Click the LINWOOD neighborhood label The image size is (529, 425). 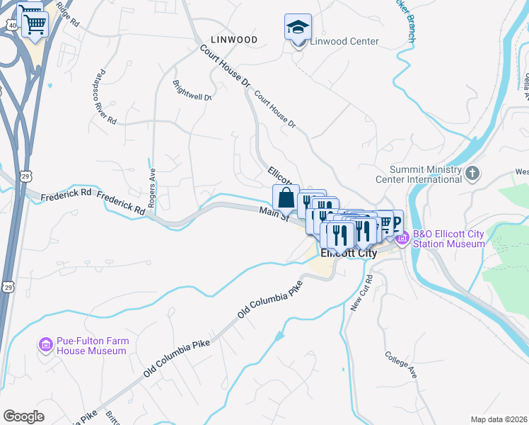click(x=233, y=40)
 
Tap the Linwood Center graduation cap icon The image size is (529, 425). click(x=298, y=28)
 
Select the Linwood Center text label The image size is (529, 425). click(x=344, y=41)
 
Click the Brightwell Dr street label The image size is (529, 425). click(x=192, y=89)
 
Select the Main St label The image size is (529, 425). click(x=274, y=212)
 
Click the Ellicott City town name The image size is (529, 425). click(x=348, y=253)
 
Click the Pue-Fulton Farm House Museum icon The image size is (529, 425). click(x=46, y=345)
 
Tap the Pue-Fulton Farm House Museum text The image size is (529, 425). click(x=93, y=346)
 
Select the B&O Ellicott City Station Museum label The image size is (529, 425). click(x=450, y=239)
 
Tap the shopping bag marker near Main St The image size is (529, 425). click(x=286, y=198)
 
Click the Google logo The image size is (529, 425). click(x=23, y=416)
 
